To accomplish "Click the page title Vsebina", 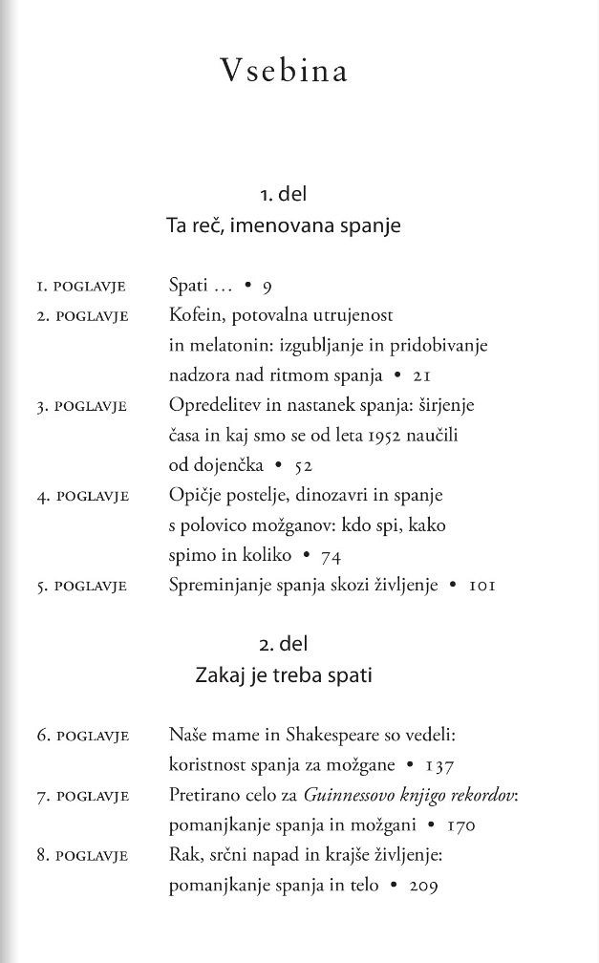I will (x=284, y=72).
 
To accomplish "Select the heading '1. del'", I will (x=283, y=194).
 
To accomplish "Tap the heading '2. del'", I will (x=283, y=644).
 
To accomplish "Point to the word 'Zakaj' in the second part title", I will (x=219, y=675).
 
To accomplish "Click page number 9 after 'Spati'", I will (x=267, y=286).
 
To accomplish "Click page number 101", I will (x=481, y=586).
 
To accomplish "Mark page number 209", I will (x=422, y=886).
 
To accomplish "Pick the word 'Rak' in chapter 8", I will (x=182, y=855).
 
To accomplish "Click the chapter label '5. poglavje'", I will (x=82, y=586).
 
